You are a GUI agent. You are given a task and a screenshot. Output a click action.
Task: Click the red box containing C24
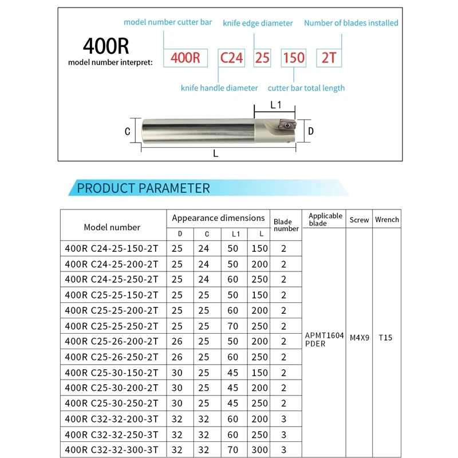pyautogui.click(x=232, y=58)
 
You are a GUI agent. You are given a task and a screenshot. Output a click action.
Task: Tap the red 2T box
pyautogui.click(x=329, y=58)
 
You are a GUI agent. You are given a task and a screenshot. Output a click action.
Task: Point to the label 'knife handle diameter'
pyautogui.click(x=219, y=88)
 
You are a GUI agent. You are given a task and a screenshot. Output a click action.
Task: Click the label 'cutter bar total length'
pyautogui.click(x=306, y=88)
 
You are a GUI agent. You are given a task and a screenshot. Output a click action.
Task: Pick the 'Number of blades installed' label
pyautogui.click(x=351, y=23)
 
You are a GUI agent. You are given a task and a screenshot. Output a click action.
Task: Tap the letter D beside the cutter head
pyautogui.click(x=311, y=131)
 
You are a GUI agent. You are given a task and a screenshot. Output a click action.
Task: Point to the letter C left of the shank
pyautogui.click(x=128, y=131)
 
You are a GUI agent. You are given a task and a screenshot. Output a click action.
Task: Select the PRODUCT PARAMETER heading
pyautogui.click(x=143, y=188)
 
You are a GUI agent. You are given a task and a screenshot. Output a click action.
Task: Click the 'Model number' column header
pyautogui.click(x=112, y=227)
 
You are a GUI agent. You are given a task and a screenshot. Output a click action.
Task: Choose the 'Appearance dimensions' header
pyautogui.click(x=218, y=218)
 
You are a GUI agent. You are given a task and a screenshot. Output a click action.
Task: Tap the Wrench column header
pyautogui.click(x=387, y=220)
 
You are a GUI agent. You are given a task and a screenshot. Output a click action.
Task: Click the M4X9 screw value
pyautogui.click(x=359, y=338)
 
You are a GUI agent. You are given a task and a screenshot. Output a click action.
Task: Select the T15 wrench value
pyautogui.click(x=385, y=338)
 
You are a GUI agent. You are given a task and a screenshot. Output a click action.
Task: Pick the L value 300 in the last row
pyautogui.click(x=259, y=449)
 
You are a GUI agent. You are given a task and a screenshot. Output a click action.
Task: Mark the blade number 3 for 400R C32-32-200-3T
pyautogui.click(x=283, y=419)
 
